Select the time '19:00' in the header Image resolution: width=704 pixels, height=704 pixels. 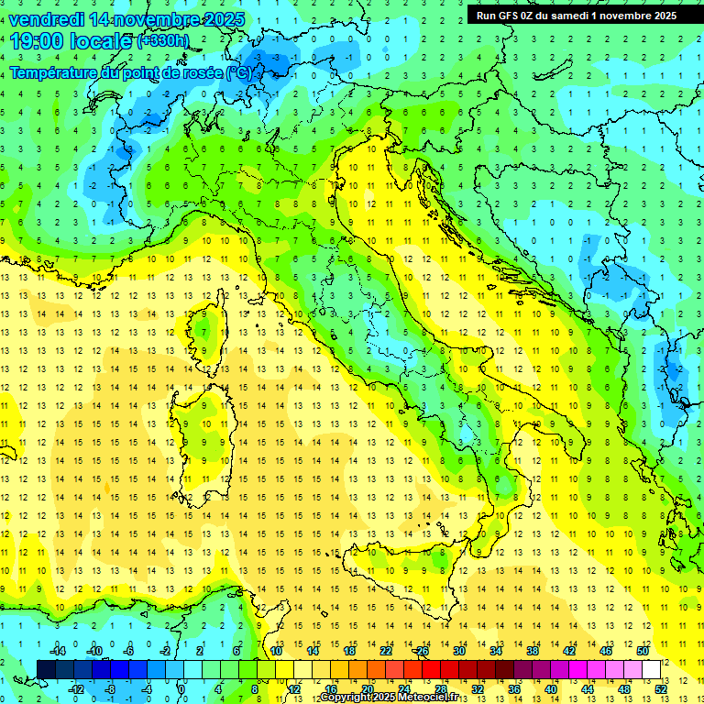(36, 40)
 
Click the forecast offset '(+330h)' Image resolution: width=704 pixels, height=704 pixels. (163, 41)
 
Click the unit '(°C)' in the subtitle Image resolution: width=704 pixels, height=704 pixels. (238, 71)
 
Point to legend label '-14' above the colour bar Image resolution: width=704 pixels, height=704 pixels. (57, 651)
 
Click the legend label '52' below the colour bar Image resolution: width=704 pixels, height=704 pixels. (662, 689)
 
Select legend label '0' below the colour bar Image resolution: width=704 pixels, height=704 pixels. (181, 689)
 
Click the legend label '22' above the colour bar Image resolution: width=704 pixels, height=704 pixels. (386, 651)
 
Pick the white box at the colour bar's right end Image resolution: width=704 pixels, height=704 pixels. (652, 670)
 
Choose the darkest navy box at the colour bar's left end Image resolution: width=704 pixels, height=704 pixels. (46, 670)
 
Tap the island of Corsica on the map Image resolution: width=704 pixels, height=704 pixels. (210, 334)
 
